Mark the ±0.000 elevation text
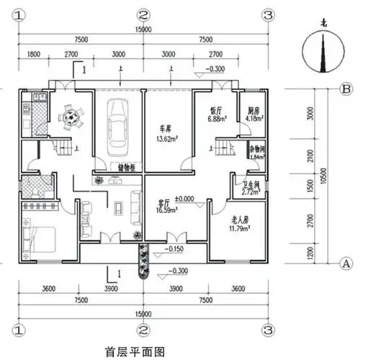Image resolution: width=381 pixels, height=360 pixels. click(x=187, y=198)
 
